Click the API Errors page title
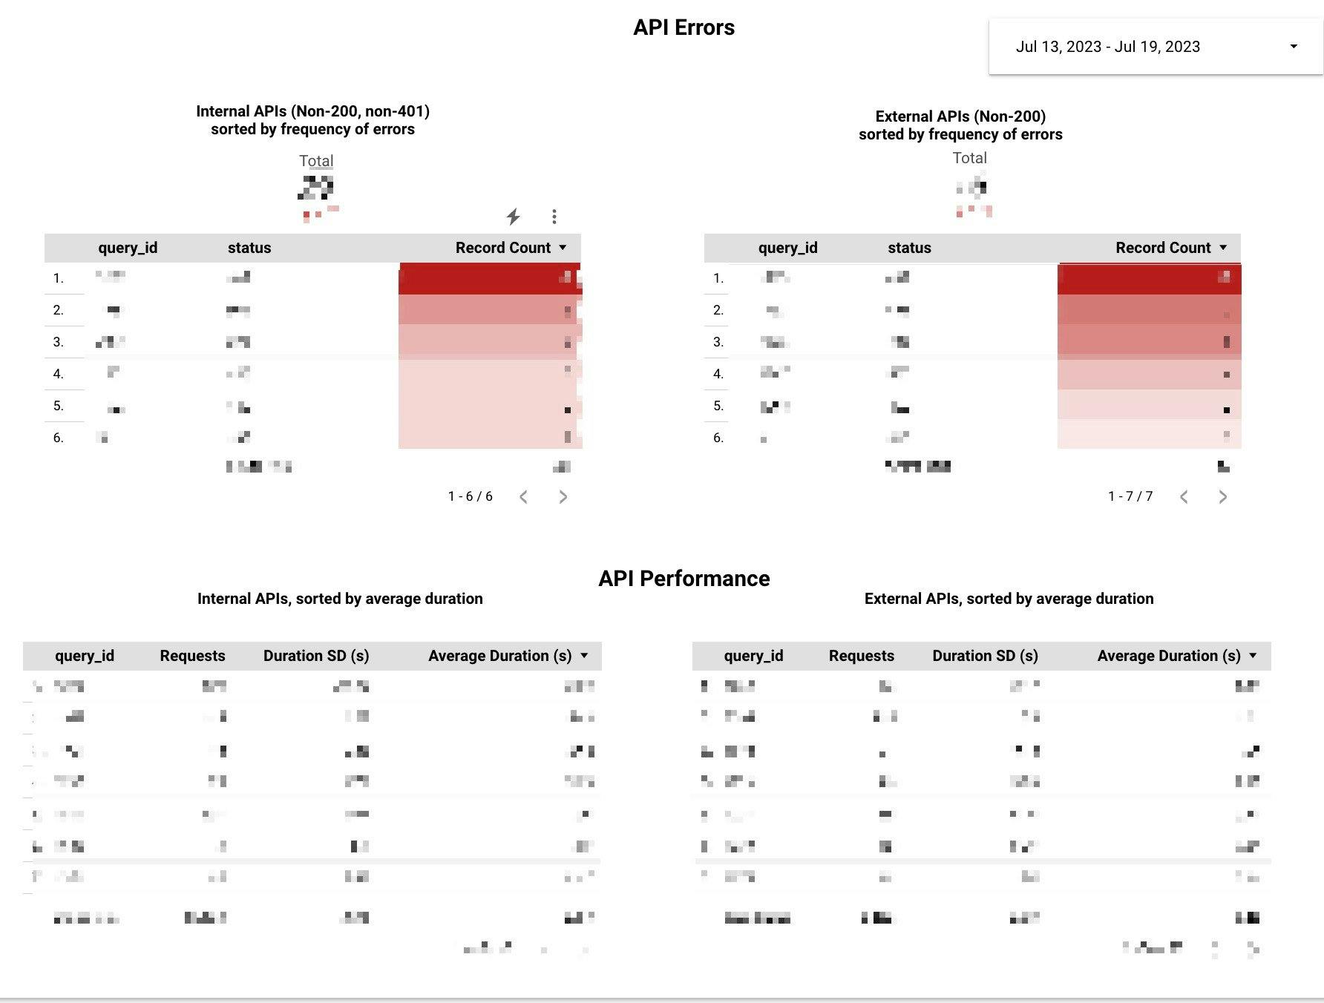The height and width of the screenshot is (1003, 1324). click(684, 27)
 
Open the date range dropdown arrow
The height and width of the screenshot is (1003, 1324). click(1294, 46)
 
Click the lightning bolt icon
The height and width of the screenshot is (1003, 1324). click(513, 217)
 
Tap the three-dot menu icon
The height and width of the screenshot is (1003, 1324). click(554, 217)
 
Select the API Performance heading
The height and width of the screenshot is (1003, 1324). click(684, 579)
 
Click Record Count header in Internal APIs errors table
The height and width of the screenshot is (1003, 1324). click(503, 248)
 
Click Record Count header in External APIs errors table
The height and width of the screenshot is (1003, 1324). click(1163, 248)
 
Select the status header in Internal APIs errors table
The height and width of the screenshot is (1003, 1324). click(249, 248)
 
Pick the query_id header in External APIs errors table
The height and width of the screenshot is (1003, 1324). click(787, 248)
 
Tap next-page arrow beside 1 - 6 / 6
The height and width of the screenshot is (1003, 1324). click(563, 497)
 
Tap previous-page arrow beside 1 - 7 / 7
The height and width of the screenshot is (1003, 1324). click(1184, 497)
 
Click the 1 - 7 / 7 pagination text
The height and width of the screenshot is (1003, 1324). click(1130, 496)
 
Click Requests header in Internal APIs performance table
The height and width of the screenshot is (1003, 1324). click(192, 656)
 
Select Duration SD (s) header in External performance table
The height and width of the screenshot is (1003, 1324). click(985, 656)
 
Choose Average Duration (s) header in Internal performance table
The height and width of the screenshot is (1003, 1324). click(500, 656)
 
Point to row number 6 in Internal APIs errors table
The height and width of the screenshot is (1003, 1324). click(59, 438)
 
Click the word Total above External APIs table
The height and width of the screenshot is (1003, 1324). click(969, 158)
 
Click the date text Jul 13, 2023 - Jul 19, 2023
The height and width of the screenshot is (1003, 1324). click(1107, 47)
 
